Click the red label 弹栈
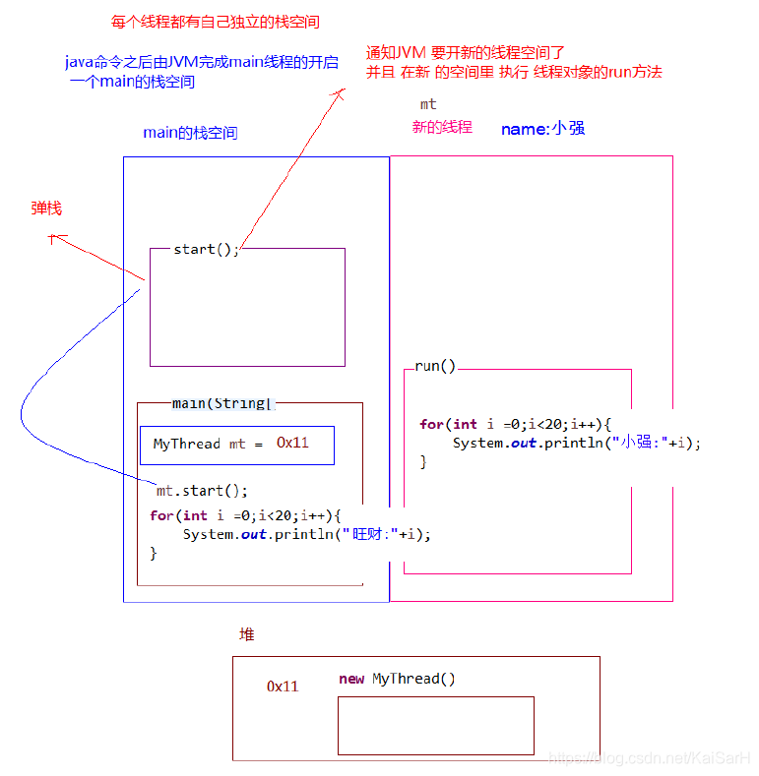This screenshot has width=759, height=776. tap(46, 209)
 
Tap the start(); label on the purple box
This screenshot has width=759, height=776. tap(206, 250)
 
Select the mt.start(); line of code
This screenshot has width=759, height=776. tap(202, 491)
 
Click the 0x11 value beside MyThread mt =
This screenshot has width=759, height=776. tap(292, 444)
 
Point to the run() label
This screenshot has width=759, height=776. tap(435, 367)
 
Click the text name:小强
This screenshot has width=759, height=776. tap(543, 129)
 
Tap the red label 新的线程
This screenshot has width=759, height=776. tap(442, 127)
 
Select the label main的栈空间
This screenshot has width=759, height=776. tap(190, 133)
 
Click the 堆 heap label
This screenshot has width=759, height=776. tap(247, 635)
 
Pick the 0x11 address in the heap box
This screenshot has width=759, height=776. tap(283, 686)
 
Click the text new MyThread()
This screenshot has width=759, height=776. tap(397, 680)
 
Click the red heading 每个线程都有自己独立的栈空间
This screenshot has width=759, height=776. tap(215, 22)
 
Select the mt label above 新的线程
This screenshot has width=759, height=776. tap(428, 104)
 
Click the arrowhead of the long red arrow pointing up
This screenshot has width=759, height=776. tap(342, 91)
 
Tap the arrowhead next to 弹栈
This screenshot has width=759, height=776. tap(54, 236)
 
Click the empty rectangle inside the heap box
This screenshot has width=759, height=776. tap(435, 726)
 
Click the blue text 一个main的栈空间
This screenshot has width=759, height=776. tap(133, 82)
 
